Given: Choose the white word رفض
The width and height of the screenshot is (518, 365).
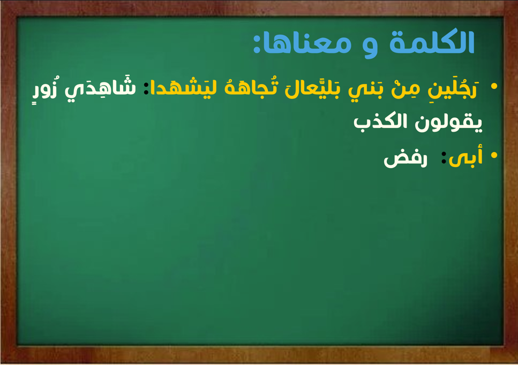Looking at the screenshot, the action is (x=406, y=159).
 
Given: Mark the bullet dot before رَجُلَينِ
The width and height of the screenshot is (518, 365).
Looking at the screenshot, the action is (x=494, y=86).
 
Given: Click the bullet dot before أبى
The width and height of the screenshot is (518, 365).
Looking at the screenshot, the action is (x=494, y=155).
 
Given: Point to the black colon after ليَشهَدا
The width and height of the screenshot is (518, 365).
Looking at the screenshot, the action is (x=146, y=88).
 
